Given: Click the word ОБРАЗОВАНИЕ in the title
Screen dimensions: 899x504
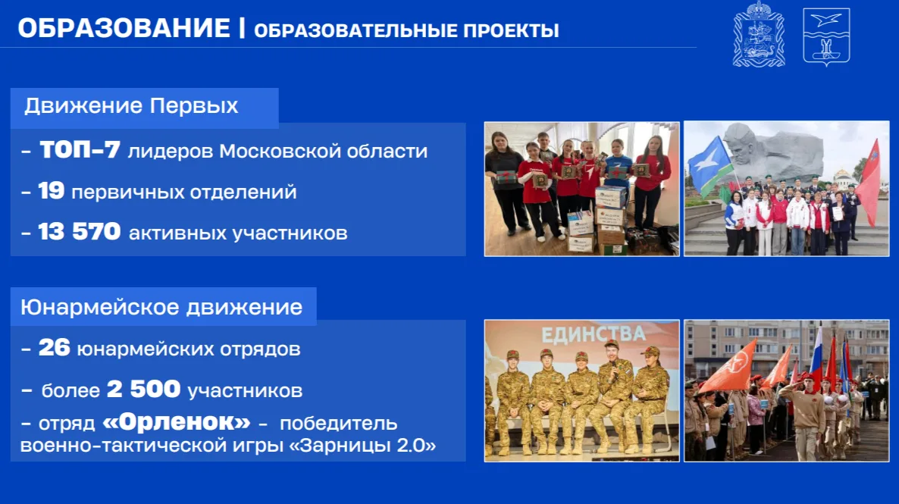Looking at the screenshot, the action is [x=124, y=28].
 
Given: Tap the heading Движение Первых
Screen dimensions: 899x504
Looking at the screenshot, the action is [x=131, y=105].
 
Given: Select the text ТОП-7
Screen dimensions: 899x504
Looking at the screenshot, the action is [x=80, y=150].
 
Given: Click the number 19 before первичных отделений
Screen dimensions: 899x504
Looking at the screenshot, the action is [x=51, y=191].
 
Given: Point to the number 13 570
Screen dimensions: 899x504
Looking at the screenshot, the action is [x=79, y=232].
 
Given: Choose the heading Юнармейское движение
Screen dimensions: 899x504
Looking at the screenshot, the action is [x=161, y=308].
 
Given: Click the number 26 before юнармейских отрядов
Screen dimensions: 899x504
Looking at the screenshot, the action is [x=54, y=347].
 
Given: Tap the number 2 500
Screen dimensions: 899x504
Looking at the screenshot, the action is [x=143, y=390].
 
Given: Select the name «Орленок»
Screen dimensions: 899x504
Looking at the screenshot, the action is [x=177, y=422].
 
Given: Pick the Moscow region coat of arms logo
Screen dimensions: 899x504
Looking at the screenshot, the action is [x=759, y=34].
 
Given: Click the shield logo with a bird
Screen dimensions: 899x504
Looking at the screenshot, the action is [x=826, y=36].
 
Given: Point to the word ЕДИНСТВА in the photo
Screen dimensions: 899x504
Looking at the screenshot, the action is [x=594, y=334].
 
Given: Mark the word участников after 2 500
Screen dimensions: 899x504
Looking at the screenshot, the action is [x=245, y=391].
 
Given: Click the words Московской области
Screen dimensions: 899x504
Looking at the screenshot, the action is [x=324, y=152].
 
